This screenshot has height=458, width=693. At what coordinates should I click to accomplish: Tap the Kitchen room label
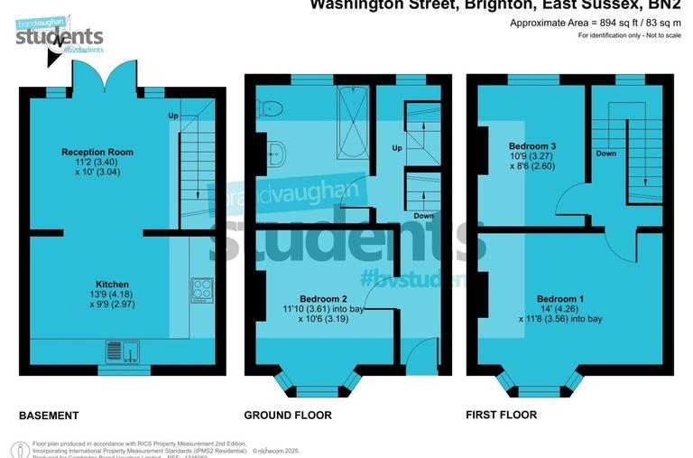pyautogui.click(x=113, y=284)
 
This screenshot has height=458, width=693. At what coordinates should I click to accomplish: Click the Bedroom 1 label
pyautogui.click(x=560, y=299)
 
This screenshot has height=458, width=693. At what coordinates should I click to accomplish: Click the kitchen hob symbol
pyautogui.click(x=200, y=289)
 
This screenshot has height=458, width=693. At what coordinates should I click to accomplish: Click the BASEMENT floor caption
pyautogui.click(x=49, y=416)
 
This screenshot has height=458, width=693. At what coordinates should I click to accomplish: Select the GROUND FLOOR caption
pyautogui.click(x=288, y=416)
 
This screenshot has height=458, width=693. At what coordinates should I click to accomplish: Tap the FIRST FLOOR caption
pyautogui.click(x=501, y=415)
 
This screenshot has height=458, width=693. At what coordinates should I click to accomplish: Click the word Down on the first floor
pyautogui.click(x=606, y=154)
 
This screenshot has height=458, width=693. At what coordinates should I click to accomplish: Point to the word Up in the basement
pyautogui.click(x=172, y=116)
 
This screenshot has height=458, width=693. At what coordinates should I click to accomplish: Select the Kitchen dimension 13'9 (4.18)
pyautogui.click(x=113, y=294)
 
